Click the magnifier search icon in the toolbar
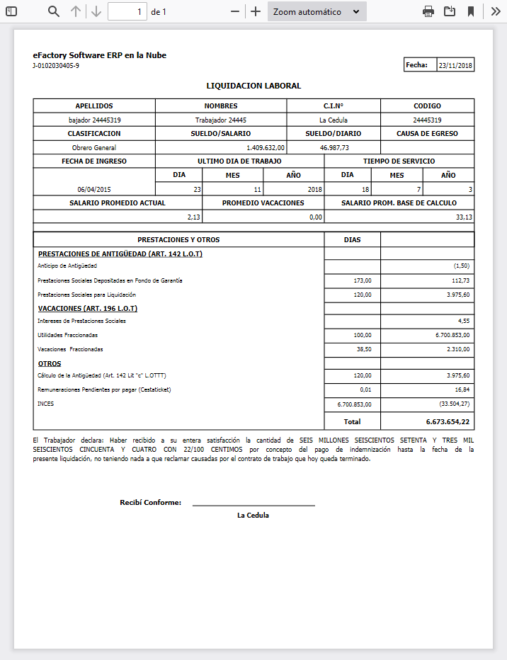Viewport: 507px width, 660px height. coord(54,11)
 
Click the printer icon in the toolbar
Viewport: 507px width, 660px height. coord(428,11)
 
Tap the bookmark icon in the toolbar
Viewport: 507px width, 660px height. coord(470,11)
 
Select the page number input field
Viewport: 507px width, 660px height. coord(127,11)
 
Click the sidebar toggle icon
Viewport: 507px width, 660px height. coord(11,11)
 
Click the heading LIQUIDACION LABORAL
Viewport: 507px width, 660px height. coord(253,86)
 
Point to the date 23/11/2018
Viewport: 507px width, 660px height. coord(455,65)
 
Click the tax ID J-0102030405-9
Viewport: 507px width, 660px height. coord(56,66)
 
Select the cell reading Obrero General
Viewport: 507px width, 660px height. coord(94,148)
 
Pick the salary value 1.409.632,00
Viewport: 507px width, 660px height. coord(266,148)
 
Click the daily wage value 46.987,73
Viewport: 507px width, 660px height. coord(334,148)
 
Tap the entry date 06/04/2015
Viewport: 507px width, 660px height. coord(94,190)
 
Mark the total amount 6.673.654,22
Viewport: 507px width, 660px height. coord(448,421)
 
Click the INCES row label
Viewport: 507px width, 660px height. coord(45,404)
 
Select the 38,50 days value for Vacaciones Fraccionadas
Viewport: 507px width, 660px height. coord(363,349)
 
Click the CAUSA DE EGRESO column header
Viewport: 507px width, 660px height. coord(427,133)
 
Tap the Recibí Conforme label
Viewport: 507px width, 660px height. coord(150,503)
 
